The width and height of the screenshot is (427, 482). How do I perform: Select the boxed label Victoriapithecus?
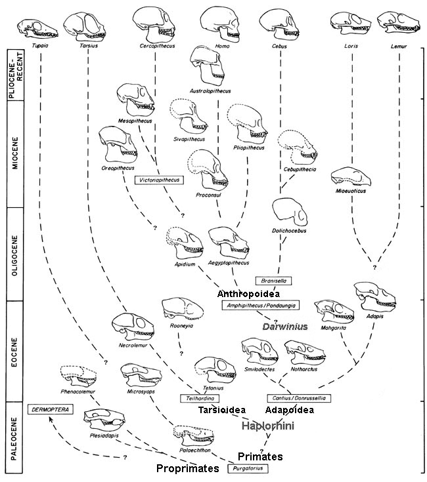point(158,178)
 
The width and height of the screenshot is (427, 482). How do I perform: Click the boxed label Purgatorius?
point(248,468)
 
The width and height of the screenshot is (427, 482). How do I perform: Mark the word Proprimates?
point(187,469)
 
